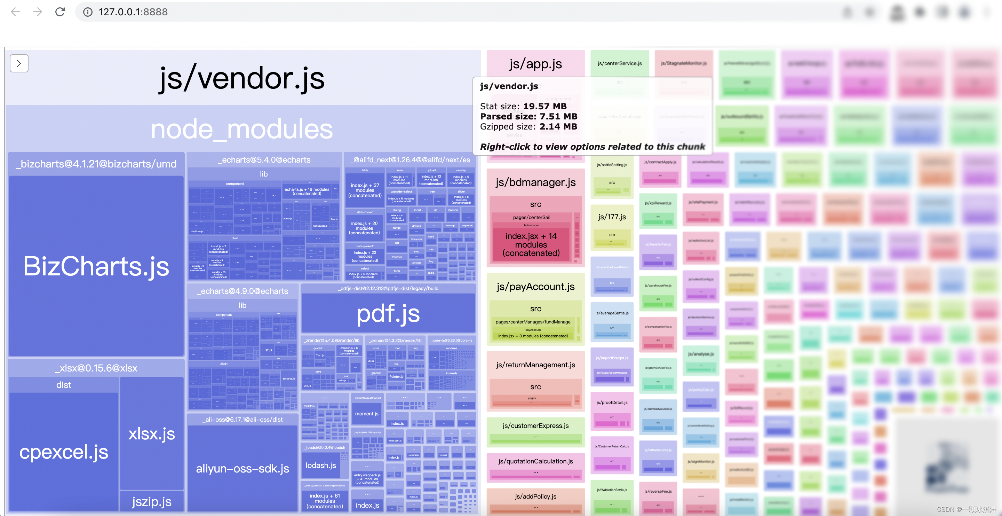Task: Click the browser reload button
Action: coord(60,12)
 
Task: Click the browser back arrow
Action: coord(15,12)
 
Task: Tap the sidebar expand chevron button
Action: coord(19,63)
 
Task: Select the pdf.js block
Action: coord(388,313)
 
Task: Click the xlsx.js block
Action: coord(152,433)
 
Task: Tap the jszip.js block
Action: coord(152,501)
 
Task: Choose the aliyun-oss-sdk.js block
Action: coord(242,468)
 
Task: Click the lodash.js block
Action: coord(320,465)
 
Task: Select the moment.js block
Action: coord(366,414)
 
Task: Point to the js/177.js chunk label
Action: coord(612,217)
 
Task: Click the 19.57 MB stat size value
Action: coord(544,106)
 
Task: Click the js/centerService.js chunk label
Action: coord(620,63)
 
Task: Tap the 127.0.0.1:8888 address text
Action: coord(133,12)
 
